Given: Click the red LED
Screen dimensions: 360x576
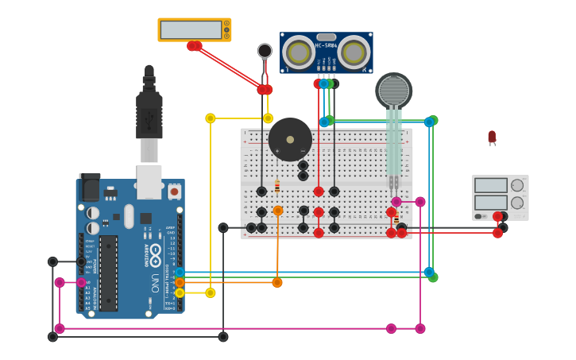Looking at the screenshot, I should click(x=492, y=137).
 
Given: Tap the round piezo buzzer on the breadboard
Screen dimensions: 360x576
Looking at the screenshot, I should click(x=290, y=139).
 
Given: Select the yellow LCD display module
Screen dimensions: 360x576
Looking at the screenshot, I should click(x=194, y=30).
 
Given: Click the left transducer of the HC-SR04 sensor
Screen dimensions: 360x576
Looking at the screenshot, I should click(x=299, y=52).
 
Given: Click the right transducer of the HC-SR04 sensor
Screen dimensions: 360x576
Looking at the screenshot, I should click(x=354, y=52).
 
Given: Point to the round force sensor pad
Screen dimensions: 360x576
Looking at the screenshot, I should click(x=393, y=91).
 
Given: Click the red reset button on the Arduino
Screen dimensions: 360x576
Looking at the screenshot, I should click(x=173, y=192).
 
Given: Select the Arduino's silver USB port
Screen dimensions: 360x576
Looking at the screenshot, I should click(x=149, y=181).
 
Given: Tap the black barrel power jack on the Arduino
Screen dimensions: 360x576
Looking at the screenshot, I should click(x=90, y=187).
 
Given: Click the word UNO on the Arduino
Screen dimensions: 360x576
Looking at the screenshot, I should click(x=156, y=282).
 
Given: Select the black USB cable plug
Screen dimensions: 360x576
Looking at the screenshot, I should click(x=149, y=111).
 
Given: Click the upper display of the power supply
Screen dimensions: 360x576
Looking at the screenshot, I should click(x=490, y=185).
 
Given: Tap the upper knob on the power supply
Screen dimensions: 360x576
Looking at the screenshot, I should click(x=517, y=185).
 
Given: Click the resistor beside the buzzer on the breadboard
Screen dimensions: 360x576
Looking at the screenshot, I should click(x=277, y=187).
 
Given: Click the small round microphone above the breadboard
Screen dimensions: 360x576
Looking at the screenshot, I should click(x=265, y=51).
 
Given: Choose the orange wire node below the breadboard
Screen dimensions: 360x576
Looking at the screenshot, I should click(x=277, y=282).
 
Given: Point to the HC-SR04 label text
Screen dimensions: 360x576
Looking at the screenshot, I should click(x=327, y=45).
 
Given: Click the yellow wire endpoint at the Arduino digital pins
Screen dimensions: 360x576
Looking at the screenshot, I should click(x=180, y=292).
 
